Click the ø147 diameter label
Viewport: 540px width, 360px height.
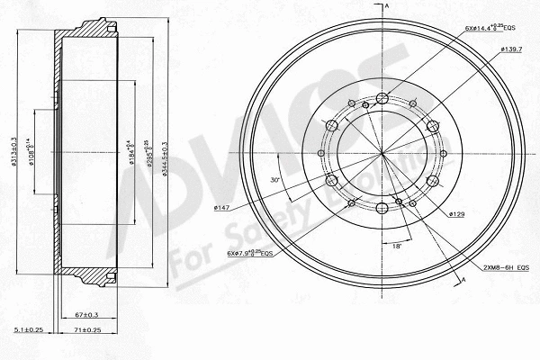tap(222, 208)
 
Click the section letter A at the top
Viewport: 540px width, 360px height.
tap(386, 7)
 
